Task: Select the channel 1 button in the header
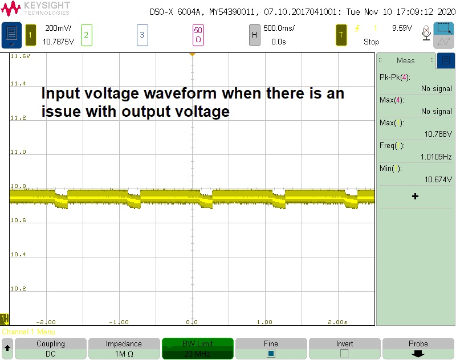(31, 35)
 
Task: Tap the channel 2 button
(86, 35)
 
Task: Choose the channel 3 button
(142, 35)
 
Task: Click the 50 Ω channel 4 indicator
(198, 35)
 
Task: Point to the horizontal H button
(254, 35)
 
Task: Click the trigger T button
(341, 35)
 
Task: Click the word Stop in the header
(372, 42)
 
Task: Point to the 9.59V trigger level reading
(402, 28)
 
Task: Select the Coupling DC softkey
(51, 348)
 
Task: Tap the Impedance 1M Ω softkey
(124, 348)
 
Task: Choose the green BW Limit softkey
(197, 348)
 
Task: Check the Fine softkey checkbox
(271, 353)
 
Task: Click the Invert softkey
(344, 348)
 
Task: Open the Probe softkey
(418, 348)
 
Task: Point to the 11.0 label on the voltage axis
(18, 152)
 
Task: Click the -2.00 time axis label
(46, 322)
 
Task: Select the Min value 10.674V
(438, 179)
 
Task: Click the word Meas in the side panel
(406, 60)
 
